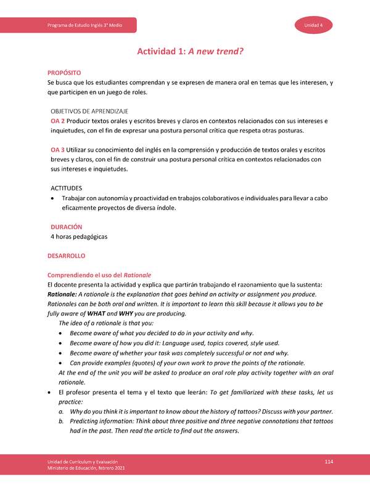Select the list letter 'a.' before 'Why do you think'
[61, 411]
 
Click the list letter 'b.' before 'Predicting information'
[61, 421]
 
